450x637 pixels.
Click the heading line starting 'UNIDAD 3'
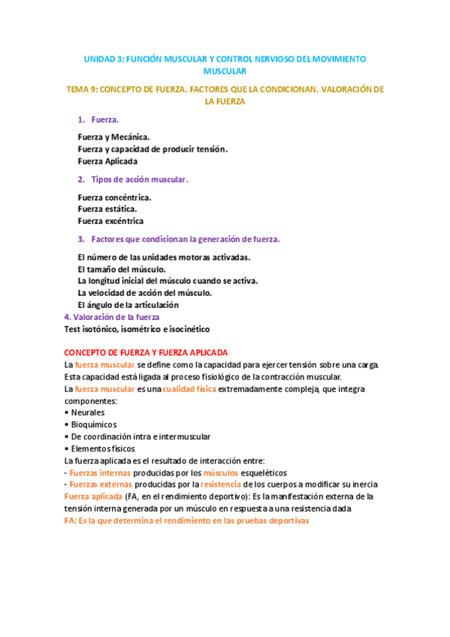point(225,58)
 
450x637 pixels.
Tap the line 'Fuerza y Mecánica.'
point(113,137)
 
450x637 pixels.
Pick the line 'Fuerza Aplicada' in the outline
point(107,161)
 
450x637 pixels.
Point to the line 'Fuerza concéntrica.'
point(114,197)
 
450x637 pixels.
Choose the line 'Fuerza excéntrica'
point(110,221)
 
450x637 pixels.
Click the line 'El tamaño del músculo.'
point(121,269)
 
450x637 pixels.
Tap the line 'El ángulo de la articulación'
point(128,305)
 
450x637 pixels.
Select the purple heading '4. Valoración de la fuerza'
point(112,317)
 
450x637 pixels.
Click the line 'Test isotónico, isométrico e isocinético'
point(137,329)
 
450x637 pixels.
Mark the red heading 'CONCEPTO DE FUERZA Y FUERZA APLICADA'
point(146,352)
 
